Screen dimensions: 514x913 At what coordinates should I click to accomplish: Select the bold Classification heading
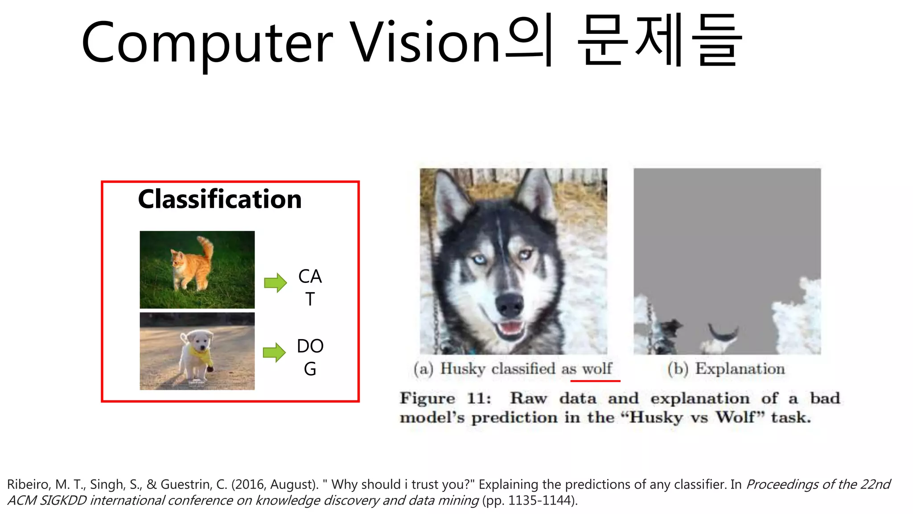220,199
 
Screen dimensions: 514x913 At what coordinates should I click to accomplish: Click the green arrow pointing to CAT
275,282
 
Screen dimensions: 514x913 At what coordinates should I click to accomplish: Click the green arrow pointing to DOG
274,352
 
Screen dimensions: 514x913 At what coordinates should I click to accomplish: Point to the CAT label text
310,287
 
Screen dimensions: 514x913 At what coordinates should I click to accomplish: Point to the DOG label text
310,357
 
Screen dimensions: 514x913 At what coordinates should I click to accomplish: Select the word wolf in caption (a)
597,369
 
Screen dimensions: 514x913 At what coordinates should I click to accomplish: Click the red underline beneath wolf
595,381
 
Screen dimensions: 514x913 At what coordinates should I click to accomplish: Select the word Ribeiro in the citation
29,485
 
